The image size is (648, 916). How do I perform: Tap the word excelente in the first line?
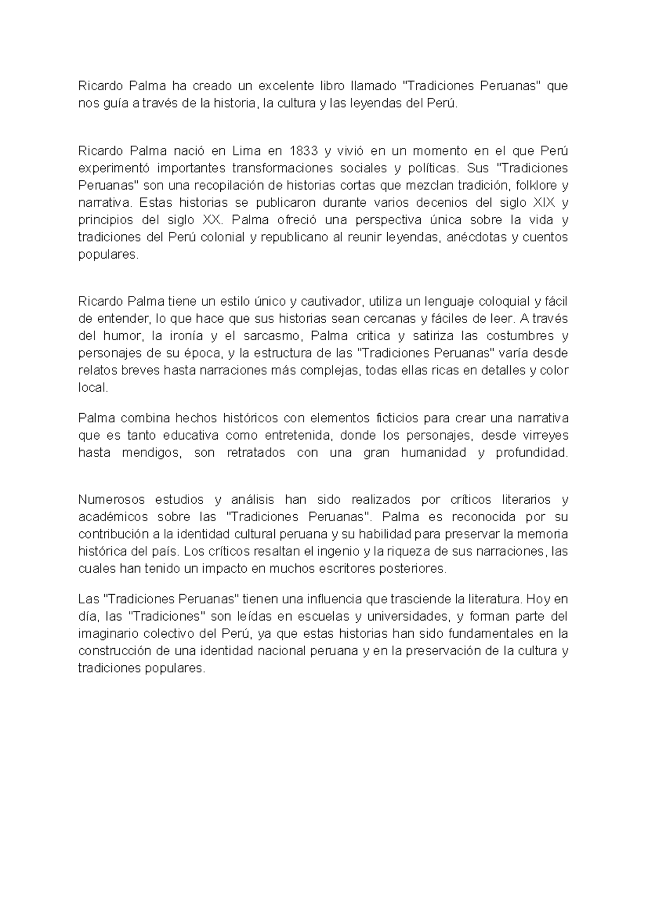287,85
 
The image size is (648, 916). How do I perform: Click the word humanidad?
433,453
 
